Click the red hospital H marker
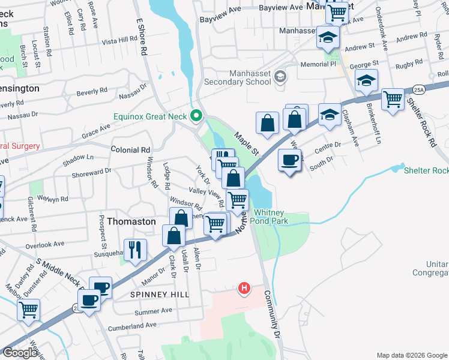244,289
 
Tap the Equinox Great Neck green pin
196,116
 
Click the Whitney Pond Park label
279,217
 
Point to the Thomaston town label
131,221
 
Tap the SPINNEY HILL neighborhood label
160,295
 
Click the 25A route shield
418,90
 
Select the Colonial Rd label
130,149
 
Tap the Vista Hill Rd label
120,40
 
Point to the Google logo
20,353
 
